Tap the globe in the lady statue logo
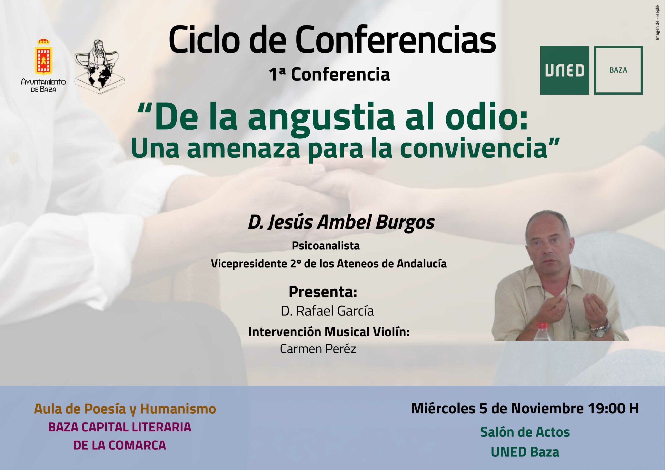(97, 76)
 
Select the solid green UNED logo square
(564, 70)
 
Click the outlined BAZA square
(618, 70)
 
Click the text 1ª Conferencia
(329, 75)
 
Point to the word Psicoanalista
(325, 246)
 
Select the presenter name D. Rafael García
(327, 311)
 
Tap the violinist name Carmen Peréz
(318, 349)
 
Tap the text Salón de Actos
(525, 432)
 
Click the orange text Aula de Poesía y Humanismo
(125, 409)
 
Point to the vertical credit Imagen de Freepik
(658, 23)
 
